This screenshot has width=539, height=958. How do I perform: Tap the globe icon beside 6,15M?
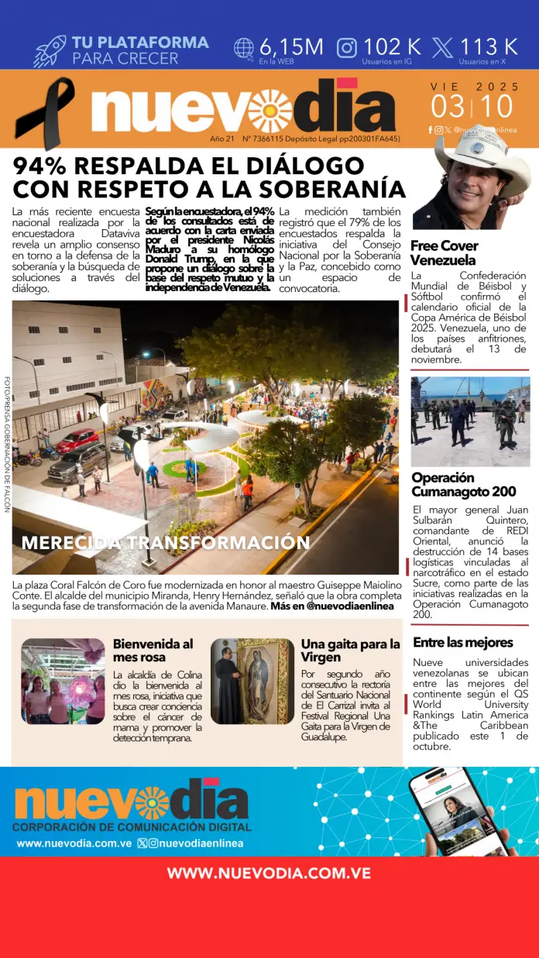244,48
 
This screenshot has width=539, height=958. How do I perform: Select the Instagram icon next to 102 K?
347,48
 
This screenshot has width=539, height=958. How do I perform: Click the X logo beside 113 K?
442,48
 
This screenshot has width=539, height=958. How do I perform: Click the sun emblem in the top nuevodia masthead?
269,111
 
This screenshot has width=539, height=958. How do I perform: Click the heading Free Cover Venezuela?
445,252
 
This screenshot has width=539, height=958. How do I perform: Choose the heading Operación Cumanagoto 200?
463,485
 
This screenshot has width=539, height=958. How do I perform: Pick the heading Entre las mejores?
463,642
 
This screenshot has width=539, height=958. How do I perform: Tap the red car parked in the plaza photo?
77,441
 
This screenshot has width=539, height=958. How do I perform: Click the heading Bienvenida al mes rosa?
153,651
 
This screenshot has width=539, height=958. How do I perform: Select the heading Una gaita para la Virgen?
350,651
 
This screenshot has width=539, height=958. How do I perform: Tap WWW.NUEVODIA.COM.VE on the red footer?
269,873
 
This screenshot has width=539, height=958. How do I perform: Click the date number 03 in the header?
449,106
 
